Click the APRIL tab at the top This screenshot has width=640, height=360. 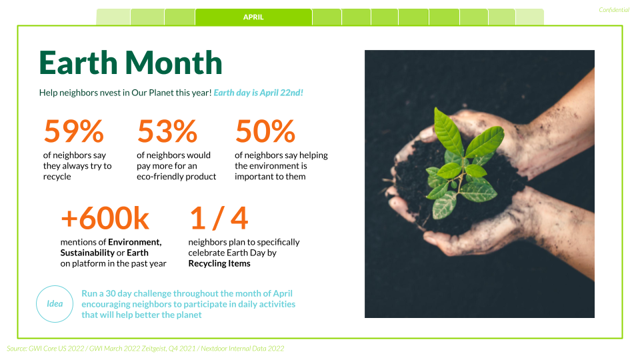(x=253, y=17)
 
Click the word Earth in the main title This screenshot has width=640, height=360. (x=79, y=63)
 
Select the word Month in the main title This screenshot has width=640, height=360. (x=173, y=63)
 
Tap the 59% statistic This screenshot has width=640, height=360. (x=73, y=131)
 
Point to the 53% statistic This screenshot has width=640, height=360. (x=167, y=131)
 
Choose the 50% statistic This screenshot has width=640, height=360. (x=265, y=131)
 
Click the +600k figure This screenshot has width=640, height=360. (x=105, y=218)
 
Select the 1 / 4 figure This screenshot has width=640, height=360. (x=219, y=218)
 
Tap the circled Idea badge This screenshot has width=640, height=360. (x=55, y=304)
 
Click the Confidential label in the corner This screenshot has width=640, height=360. (x=614, y=10)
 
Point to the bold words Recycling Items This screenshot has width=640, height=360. (x=219, y=264)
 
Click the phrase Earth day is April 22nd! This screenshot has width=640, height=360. (x=259, y=93)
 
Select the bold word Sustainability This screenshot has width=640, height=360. (x=87, y=253)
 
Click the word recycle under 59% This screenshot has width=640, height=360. (x=57, y=177)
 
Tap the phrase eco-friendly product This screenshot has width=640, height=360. (x=176, y=177)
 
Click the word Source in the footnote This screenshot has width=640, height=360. (x=16, y=349)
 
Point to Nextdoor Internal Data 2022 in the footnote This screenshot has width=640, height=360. (x=243, y=349)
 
